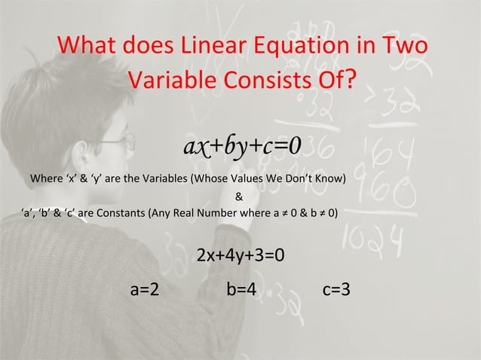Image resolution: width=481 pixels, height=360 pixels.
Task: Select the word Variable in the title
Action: (175, 78)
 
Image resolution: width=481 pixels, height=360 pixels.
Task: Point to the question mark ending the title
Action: (352, 78)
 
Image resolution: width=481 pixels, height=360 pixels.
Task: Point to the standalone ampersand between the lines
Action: (239, 198)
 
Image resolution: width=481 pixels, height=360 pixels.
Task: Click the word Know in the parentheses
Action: (329, 180)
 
